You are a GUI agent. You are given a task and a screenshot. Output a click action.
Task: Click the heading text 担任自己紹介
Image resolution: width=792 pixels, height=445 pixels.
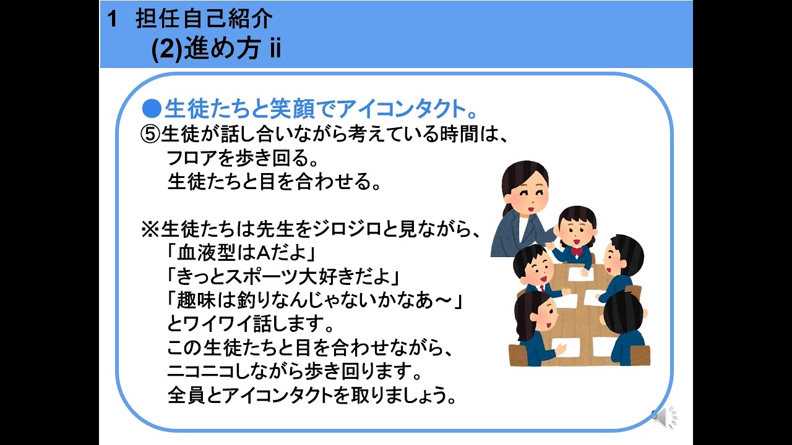coord(204,19)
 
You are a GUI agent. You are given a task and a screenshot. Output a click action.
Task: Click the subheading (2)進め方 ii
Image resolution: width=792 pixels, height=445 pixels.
coord(216,49)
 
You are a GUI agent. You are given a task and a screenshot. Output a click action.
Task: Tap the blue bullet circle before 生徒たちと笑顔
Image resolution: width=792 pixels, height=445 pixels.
coord(152,109)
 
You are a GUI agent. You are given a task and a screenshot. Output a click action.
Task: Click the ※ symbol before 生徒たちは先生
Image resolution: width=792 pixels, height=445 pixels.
coord(151,230)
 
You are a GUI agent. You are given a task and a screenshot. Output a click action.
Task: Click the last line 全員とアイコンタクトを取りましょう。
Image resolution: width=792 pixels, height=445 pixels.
coord(312,395)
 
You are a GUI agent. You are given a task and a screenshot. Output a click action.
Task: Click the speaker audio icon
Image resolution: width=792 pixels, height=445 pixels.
coord(666,418)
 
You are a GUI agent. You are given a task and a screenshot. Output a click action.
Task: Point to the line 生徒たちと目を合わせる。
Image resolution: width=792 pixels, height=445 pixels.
coord(273,182)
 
